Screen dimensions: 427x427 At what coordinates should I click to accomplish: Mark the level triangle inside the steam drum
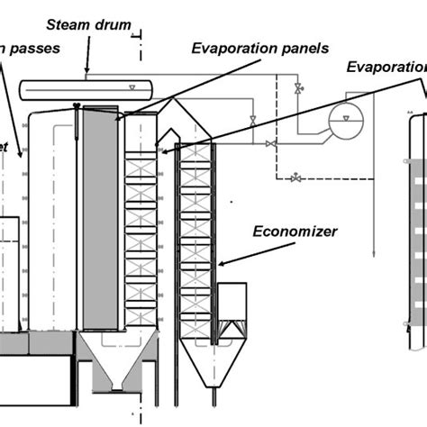[x=133, y=88]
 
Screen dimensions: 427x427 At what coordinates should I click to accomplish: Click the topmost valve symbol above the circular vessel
[x=298, y=87]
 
